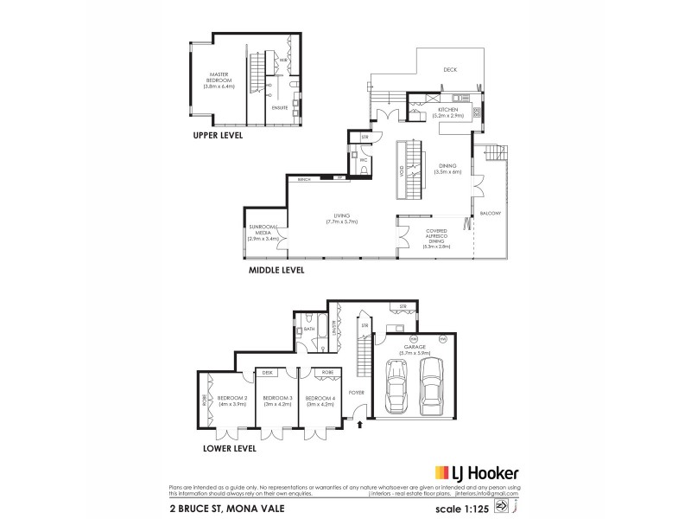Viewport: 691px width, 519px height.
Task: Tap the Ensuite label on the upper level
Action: coord(280,108)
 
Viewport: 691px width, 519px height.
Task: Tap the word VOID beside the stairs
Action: coord(402,170)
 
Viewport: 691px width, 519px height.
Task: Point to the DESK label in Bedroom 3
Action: coord(267,373)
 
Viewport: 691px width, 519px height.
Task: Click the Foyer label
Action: coord(355,392)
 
